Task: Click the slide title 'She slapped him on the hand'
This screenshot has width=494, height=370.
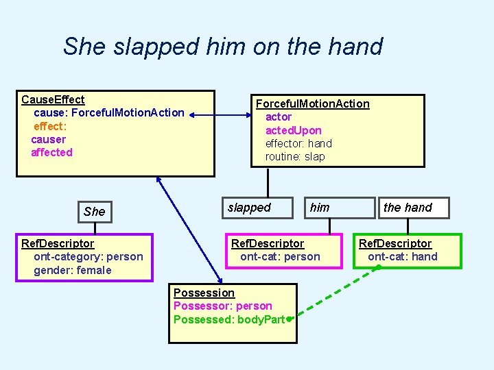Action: [222, 47]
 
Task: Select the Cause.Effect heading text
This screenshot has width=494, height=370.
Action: [53, 99]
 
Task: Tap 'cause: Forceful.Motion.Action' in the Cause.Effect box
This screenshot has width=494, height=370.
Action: [108, 112]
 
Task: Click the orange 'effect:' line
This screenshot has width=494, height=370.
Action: [49, 126]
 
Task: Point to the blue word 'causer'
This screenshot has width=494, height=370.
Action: [48, 139]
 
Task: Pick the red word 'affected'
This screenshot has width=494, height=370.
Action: [51, 152]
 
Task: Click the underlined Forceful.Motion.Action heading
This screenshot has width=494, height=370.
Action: [312, 103]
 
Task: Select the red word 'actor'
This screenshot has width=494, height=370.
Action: [279, 116]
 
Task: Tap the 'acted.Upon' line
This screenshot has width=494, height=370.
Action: [293, 130]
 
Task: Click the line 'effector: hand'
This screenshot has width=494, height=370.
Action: [298, 143]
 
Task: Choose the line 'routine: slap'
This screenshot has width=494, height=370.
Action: [295, 156]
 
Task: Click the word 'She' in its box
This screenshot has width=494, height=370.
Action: [94, 212]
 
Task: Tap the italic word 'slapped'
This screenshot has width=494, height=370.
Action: [249, 208]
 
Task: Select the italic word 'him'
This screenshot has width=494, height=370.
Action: [320, 208]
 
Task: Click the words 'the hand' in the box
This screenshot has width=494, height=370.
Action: [408, 208]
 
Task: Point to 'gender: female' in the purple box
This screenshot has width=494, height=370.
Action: [72, 270]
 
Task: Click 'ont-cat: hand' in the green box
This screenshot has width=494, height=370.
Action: [402, 256]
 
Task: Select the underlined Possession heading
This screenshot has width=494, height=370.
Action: [204, 293]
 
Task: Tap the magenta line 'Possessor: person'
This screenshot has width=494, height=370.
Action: [222, 306]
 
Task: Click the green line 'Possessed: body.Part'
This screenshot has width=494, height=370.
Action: [229, 319]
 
